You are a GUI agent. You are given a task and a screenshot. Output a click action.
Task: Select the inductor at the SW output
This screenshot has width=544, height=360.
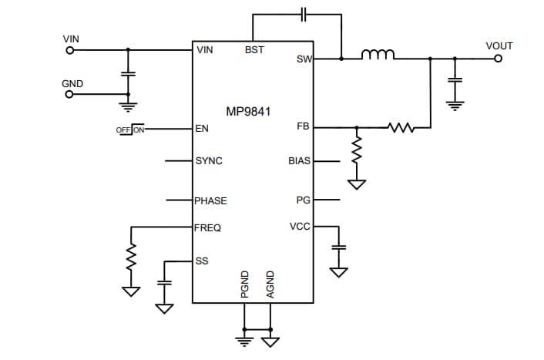click(x=378, y=55)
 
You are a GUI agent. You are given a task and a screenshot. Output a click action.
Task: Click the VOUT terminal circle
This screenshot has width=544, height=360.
click(x=498, y=58)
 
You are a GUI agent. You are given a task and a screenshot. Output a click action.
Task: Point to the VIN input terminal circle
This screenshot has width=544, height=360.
click(x=70, y=50)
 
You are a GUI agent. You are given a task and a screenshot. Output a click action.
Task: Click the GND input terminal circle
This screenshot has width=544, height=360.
click(x=70, y=95)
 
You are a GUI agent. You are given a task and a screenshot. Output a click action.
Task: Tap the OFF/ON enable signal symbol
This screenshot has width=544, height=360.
click(x=130, y=130)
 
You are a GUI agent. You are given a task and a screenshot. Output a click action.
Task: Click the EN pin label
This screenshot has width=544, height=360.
click(x=202, y=129)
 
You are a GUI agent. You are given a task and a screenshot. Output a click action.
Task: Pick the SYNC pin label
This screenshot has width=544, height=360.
click(x=209, y=162)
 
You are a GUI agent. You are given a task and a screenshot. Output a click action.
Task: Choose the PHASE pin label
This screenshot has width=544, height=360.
click(x=211, y=200)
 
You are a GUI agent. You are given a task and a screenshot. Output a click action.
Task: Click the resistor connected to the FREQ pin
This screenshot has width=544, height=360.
click(x=132, y=255)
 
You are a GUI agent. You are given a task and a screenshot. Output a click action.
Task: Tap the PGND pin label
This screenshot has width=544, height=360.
click(x=245, y=284)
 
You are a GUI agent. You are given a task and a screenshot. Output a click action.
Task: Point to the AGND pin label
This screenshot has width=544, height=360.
click(x=270, y=284)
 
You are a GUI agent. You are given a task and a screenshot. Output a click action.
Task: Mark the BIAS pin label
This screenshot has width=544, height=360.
click(x=299, y=162)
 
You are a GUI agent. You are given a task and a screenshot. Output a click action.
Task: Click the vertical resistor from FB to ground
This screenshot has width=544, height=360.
click(x=357, y=153)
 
